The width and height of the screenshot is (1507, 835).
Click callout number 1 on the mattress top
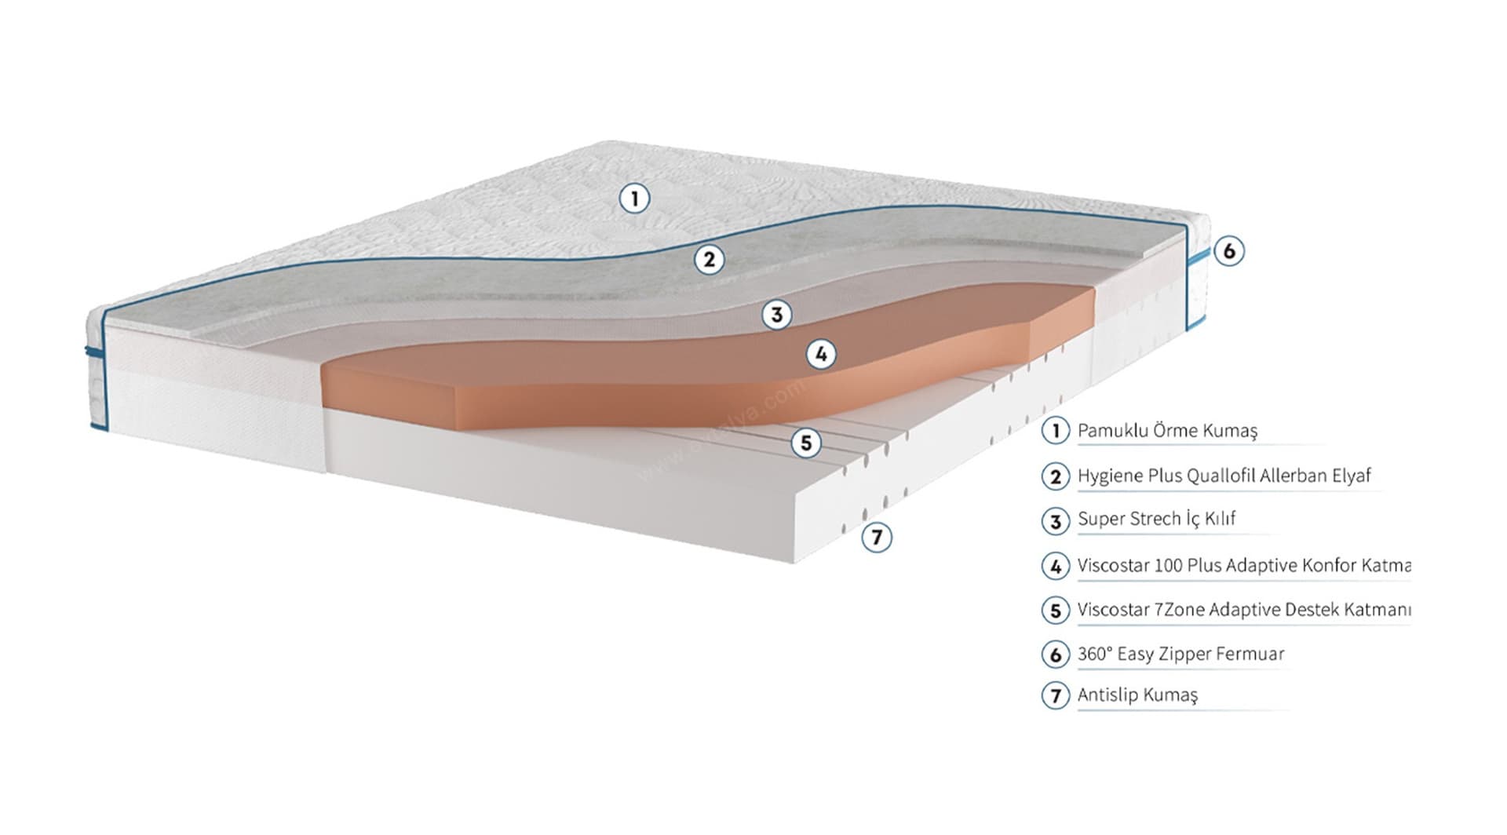[634, 198]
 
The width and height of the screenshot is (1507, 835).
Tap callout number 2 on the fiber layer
[709, 259]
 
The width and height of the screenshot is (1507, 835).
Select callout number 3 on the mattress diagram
[776, 315]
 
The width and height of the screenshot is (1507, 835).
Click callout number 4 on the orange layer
[821, 355]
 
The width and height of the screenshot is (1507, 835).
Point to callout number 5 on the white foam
[805, 443]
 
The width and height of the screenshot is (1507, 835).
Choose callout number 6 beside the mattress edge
[1228, 251]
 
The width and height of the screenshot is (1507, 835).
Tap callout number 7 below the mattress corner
[876, 538]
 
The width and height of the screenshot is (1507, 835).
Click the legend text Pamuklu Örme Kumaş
[1167, 431]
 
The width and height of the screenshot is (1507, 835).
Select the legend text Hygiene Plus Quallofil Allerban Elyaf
[1224, 476]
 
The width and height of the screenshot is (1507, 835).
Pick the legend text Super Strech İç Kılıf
[1156, 519]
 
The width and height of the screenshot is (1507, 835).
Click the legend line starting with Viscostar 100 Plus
[1243, 565]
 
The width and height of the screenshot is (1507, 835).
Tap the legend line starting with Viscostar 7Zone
[1243, 610]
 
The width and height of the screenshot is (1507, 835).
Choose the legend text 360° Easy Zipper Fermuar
[1180, 654]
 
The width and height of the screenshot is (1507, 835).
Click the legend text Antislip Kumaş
[1137, 695]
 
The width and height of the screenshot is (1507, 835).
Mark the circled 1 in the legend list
[1055, 431]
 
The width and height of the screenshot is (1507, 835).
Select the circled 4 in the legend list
[1055, 566]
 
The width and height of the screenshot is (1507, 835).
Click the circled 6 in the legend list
[1055, 655]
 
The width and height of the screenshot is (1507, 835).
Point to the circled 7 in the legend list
[1055, 696]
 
